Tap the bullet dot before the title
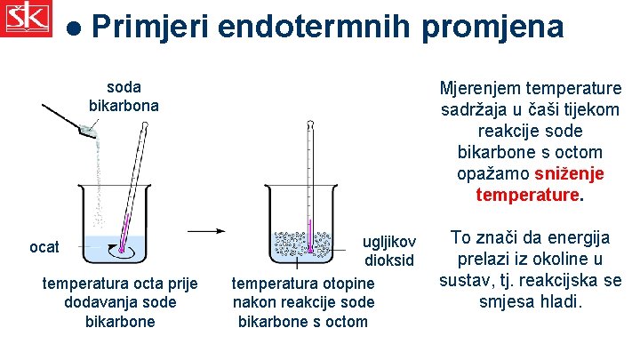[x=74, y=28]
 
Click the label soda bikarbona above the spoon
[x=124, y=96]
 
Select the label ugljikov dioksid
[x=388, y=251]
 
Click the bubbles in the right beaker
[x=308, y=244]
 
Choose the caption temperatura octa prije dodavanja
[x=120, y=302]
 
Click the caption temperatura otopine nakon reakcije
[x=303, y=302]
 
